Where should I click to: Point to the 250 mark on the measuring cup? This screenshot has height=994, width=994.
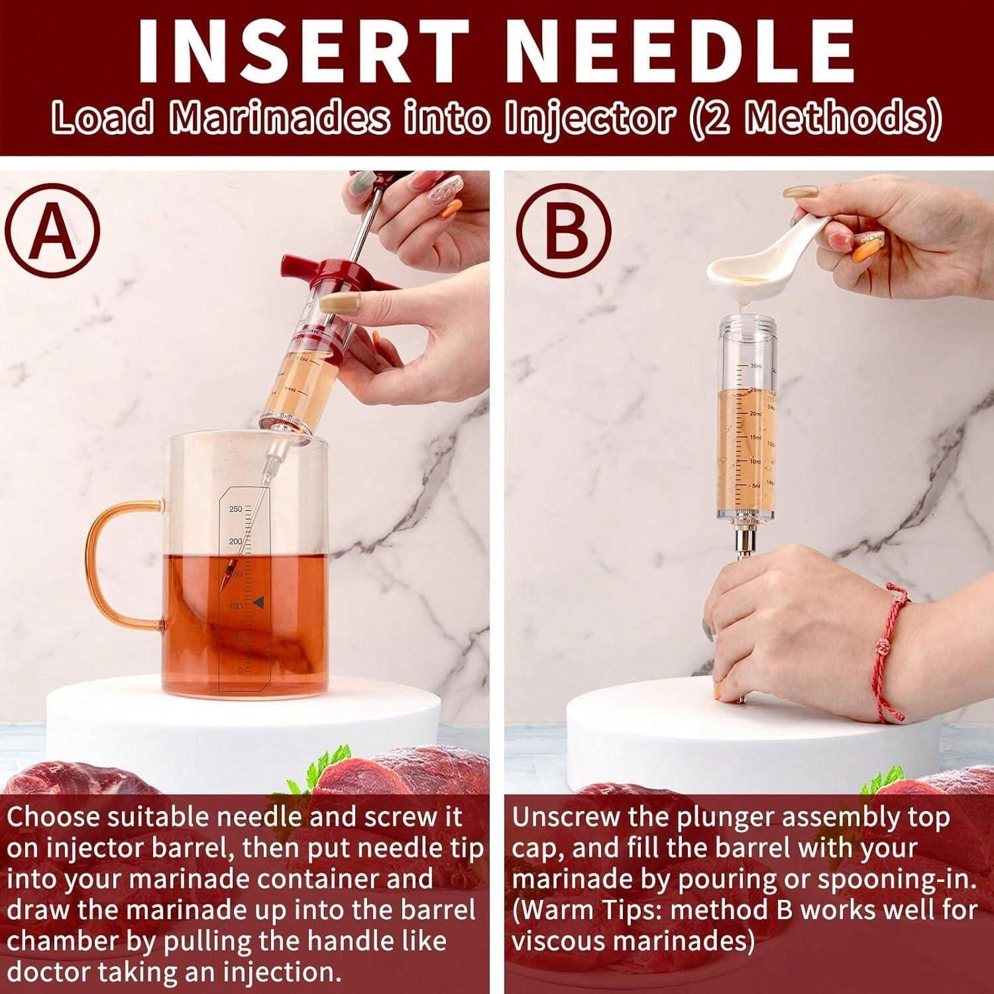point(235,509)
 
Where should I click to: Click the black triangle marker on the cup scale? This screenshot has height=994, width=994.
point(258,602)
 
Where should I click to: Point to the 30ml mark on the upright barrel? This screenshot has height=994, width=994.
point(756,366)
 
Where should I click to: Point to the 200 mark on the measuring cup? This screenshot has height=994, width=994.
point(235,542)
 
